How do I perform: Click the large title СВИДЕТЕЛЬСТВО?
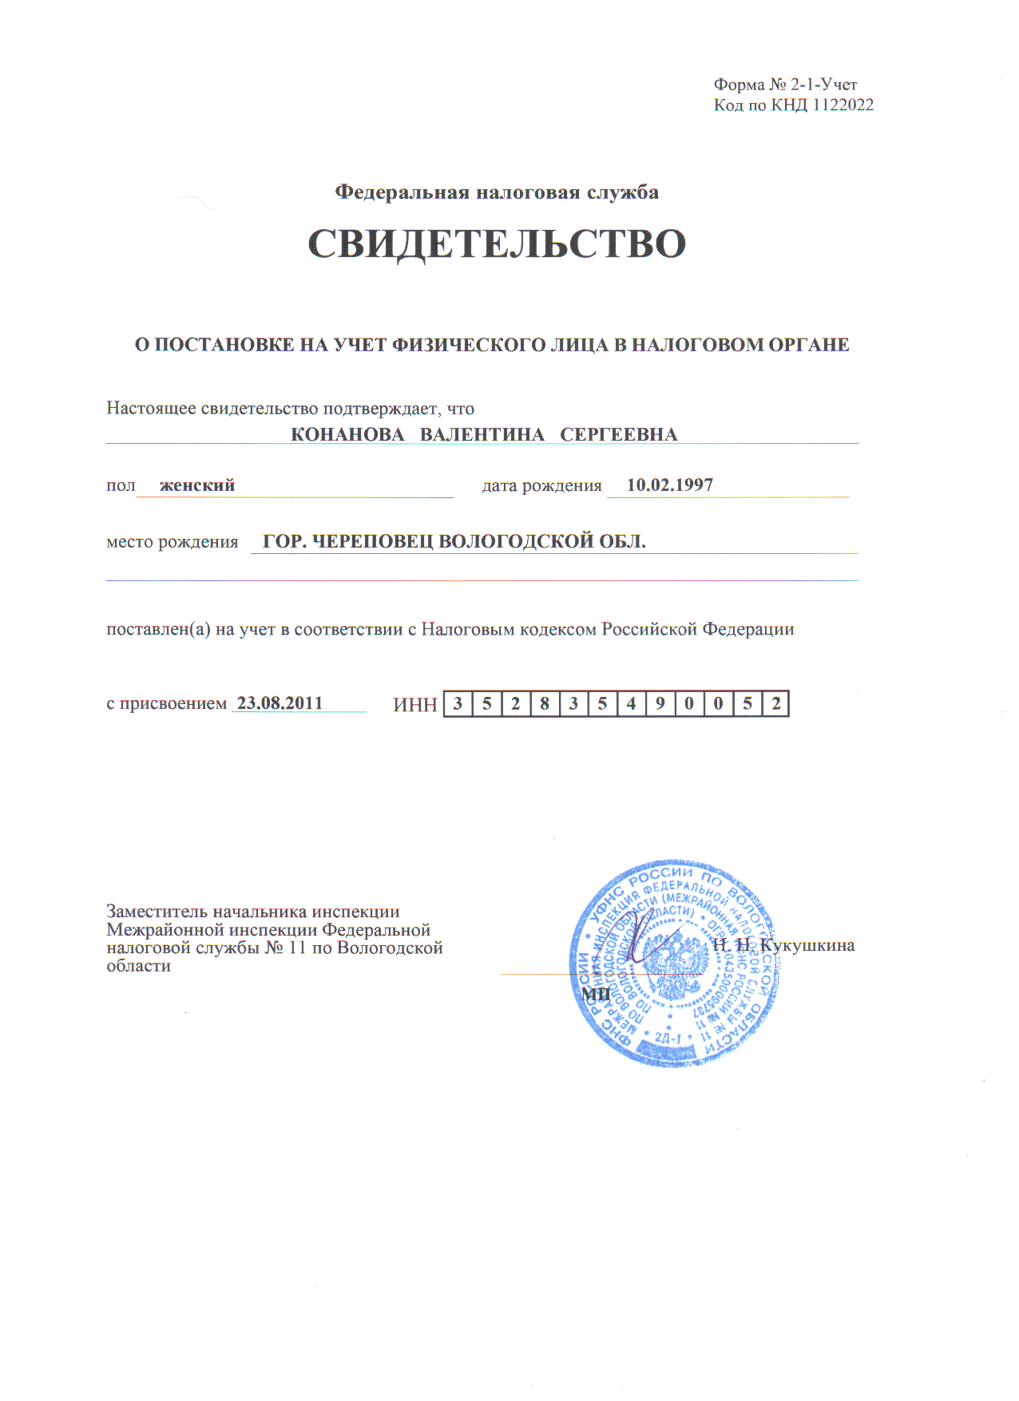pyautogui.click(x=497, y=243)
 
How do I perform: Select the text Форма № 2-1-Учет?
pyautogui.click(x=785, y=85)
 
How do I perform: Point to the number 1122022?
pyautogui.click(x=843, y=105)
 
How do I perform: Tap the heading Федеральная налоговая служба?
pyautogui.click(x=497, y=192)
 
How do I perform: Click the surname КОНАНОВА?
pyautogui.click(x=347, y=435)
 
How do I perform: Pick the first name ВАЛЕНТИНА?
pyautogui.click(x=482, y=435)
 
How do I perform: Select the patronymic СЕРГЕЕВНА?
pyautogui.click(x=619, y=435)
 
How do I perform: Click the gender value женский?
pyautogui.click(x=197, y=485)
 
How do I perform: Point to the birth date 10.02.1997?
pyautogui.click(x=670, y=485)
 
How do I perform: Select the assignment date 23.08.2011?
pyautogui.click(x=280, y=703)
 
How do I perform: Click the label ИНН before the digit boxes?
pyautogui.click(x=415, y=705)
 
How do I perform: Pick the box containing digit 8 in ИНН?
pyautogui.click(x=545, y=704)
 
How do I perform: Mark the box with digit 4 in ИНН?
pyautogui.click(x=631, y=704)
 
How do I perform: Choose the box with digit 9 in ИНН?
pyautogui.click(x=660, y=704)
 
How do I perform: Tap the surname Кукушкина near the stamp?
pyautogui.click(x=807, y=946)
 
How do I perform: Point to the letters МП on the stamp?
pyautogui.click(x=596, y=994)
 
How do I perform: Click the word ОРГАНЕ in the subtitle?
pyautogui.click(x=808, y=345)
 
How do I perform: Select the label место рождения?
pyautogui.click(x=172, y=542)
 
